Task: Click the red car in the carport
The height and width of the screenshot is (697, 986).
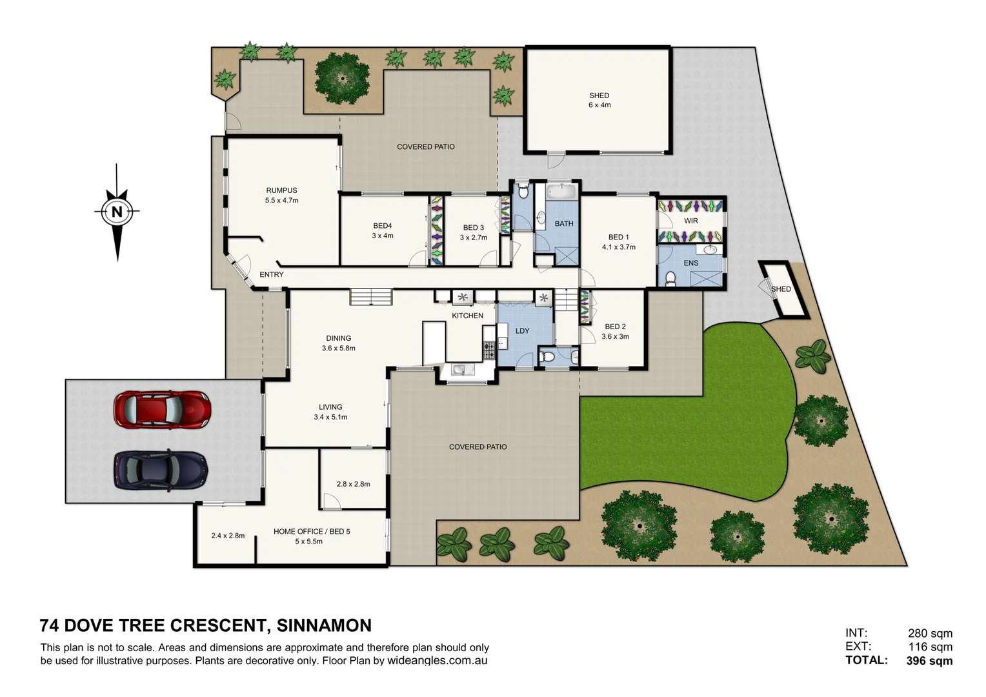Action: coord(162,409)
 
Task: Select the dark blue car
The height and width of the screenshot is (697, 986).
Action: coord(161,469)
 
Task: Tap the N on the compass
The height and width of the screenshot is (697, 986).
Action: coord(117,211)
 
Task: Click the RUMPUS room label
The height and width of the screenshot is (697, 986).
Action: coord(281,190)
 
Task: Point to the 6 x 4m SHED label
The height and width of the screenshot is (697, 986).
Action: coord(599,100)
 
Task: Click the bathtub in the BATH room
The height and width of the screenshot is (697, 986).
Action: coord(563,192)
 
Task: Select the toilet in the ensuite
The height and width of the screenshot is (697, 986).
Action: coord(670,278)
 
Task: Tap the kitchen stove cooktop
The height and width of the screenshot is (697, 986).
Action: coord(489,350)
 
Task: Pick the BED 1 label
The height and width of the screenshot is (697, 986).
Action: coord(618,237)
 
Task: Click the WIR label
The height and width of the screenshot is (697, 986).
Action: coord(691,221)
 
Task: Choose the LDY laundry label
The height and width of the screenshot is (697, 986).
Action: coord(522,331)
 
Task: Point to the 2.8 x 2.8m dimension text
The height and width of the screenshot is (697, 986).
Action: coord(353,484)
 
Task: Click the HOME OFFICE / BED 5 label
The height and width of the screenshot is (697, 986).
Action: coord(312,532)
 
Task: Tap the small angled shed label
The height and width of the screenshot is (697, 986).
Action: coord(781,289)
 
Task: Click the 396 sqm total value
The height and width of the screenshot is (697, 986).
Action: coord(929,660)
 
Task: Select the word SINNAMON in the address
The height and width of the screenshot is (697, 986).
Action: coord(324,625)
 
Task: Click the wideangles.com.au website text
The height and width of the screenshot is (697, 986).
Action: coord(437,661)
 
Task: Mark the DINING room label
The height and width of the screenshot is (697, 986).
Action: coord(338,338)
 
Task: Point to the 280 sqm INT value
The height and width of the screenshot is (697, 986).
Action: coord(930,633)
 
